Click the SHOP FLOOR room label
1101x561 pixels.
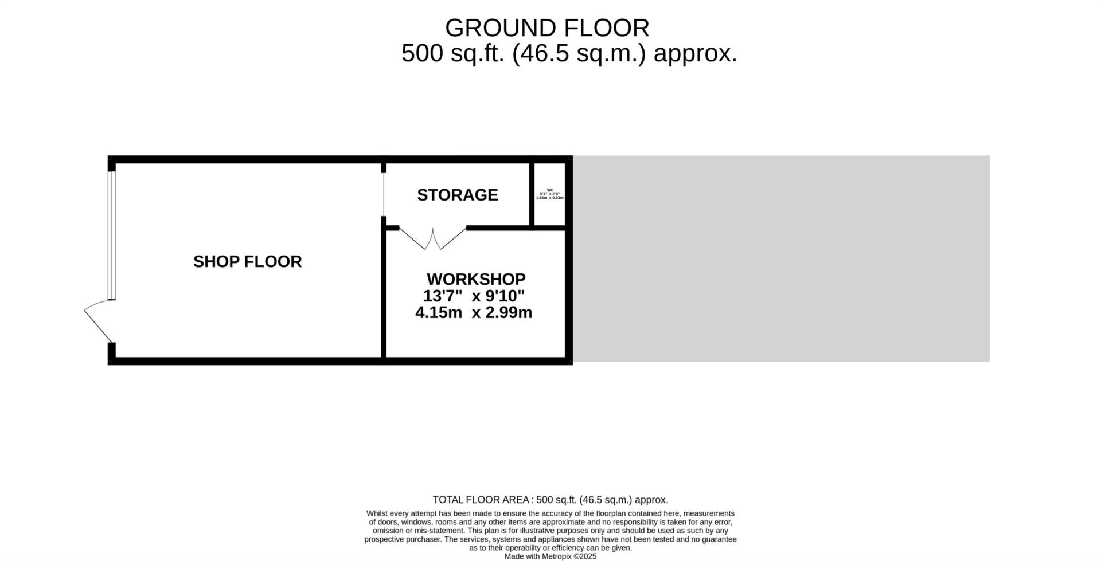point(247,262)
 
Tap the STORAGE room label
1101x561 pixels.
point(457,195)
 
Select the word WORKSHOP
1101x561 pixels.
point(476,279)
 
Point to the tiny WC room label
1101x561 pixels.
point(550,190)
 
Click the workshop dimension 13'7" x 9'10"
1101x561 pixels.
point(474,296)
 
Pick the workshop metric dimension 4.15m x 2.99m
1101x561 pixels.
point(474,313)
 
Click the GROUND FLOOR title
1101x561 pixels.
point(547,28)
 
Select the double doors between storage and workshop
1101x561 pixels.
point(433,238)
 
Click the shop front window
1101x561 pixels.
point(112,235)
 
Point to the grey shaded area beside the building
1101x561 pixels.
point(781,258)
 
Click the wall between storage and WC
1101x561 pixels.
point(532,195)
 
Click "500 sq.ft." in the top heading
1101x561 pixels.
point(452,54)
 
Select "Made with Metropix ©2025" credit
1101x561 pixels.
point(550,556)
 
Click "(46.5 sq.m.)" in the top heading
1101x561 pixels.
point(579,54)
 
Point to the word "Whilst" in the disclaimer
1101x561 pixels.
point(377,513)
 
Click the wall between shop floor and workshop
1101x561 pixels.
point(384,292)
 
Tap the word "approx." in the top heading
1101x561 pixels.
point(695,54)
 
